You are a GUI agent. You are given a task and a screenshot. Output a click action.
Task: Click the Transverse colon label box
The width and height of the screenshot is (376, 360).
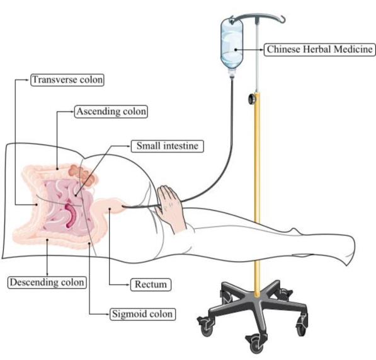point(67,80)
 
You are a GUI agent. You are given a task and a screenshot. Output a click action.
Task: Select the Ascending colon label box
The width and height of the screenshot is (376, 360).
point(111,112)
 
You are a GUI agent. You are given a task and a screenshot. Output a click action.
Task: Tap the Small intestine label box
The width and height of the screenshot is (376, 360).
point(168,146)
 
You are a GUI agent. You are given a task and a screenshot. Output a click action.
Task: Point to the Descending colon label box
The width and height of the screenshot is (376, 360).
point(47,282)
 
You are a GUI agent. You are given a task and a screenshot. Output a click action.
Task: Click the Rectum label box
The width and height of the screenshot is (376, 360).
point(151,284)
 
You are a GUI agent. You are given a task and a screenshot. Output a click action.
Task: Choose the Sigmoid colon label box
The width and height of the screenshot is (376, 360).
point(142,314)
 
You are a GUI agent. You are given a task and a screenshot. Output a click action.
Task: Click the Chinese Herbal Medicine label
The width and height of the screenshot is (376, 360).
point(320,49)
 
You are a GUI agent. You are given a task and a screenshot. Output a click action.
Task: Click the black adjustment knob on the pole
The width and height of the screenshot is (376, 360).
point(251,98)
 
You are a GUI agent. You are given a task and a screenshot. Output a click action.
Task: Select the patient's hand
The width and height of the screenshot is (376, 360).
point(170,206)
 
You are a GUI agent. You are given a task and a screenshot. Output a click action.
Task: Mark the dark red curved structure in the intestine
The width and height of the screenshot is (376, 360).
point(71,216)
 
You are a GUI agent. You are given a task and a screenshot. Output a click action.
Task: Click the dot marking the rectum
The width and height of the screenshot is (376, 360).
point(110,209)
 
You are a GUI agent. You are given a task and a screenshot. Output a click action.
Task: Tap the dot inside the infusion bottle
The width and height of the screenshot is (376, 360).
point(236,50)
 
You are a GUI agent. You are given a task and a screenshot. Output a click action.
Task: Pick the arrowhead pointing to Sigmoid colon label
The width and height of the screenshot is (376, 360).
point(108,314)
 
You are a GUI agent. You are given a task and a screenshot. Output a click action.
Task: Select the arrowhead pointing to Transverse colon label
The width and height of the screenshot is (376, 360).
point(28,79)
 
